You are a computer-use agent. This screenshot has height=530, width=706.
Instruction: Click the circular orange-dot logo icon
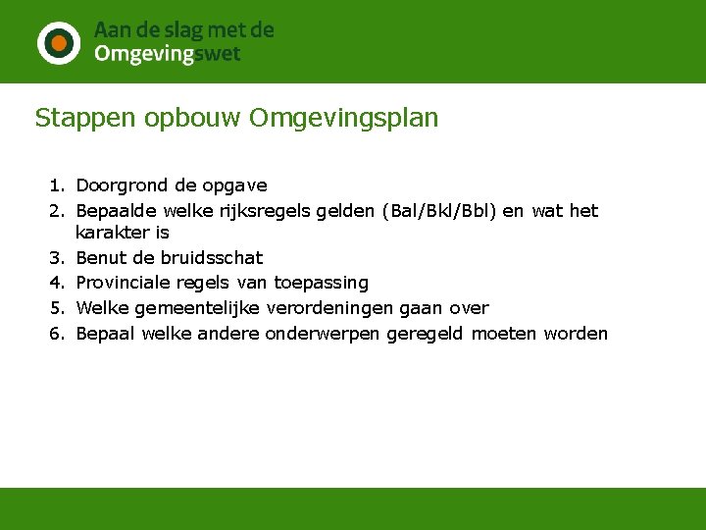point(59,42)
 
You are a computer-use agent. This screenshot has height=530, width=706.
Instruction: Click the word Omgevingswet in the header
point(167,54)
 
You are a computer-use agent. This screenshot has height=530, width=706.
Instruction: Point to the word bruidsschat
point(212,258)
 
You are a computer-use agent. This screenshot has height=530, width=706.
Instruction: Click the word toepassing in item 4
point(322,283)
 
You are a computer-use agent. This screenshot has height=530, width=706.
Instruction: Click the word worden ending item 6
point(576,334)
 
